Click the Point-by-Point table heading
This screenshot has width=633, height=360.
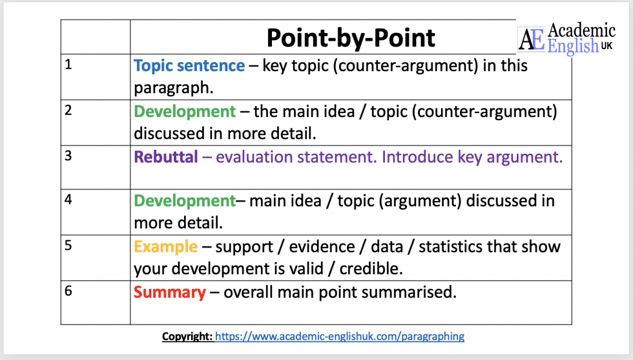click(351, 38)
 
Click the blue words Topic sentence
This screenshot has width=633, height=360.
click(189, 66)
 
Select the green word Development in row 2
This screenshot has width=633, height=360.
click(185, 111)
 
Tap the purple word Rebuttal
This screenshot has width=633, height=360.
click(166, 157)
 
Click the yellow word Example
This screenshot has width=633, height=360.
click(165, 246)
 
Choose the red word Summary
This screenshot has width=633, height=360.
click(169, 292)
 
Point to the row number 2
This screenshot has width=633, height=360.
click(68, 109)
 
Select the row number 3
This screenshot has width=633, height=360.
click(68, 154)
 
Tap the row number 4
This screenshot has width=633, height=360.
click(68, 199)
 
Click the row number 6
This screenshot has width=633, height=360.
click(68, 290)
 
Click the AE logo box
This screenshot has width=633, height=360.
click(532, 39)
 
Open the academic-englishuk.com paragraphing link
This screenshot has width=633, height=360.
click(339, 336)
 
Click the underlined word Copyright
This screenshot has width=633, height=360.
click(187, 336)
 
